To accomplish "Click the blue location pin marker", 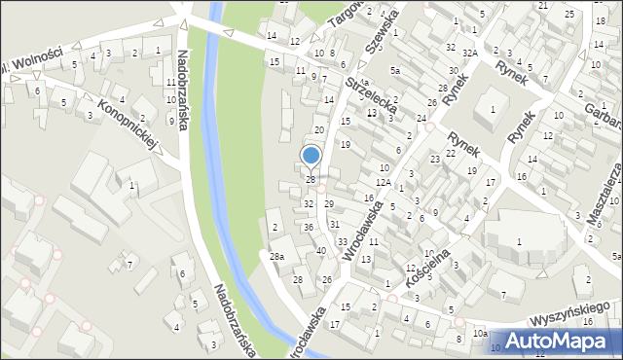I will (311, 156).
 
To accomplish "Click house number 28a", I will (276, 256).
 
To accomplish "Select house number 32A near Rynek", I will (469, 53).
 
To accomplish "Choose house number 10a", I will (480, 333).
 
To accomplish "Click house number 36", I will (308, 227).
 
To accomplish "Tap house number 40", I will (321, 250).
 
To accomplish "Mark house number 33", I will (342, 240).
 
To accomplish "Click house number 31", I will (334, 224).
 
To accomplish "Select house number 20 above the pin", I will (318, 129).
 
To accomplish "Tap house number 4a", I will (362, 83).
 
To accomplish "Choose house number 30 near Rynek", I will (454, 71).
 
